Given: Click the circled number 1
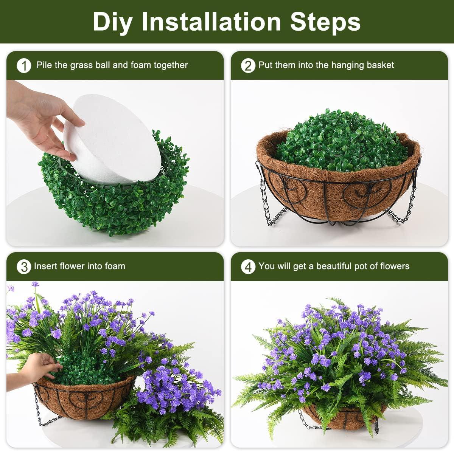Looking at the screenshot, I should [x=24, y=66].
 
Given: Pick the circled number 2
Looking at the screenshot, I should [x=248, y=66].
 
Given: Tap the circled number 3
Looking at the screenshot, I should [x=24, y=267].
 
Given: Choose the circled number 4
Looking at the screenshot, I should [x=248, y=267].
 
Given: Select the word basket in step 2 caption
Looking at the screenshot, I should [x=380, y=65].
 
